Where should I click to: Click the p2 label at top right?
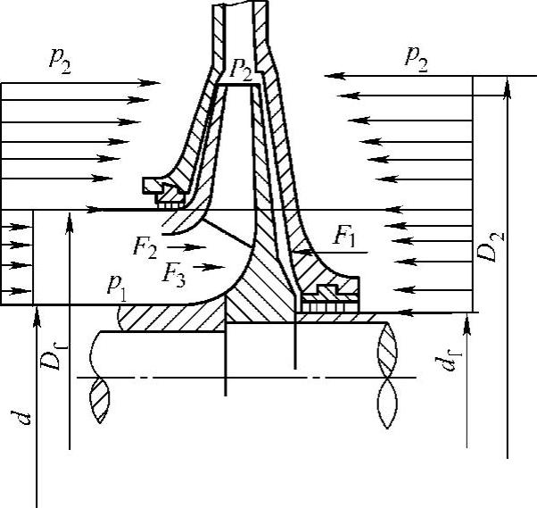[x=416, y=59]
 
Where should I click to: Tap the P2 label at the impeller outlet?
[x=240, y=71]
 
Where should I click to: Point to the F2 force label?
[x=145, y=246]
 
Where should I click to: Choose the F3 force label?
[x=174, y=271]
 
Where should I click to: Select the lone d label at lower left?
[x=27, y=415]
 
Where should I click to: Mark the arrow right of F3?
[x=211, y=265]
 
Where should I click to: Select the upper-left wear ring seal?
[x=162, y=190]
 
